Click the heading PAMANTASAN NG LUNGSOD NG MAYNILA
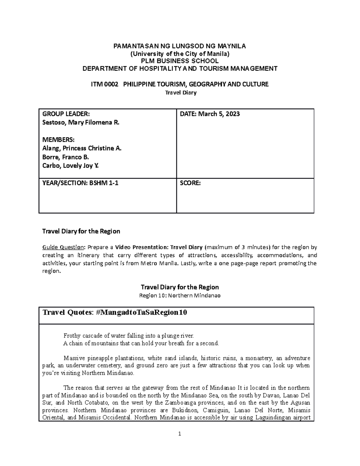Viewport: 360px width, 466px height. tap(180, 46)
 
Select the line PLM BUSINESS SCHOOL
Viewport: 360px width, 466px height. tap(180, 61)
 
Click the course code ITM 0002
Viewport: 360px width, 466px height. tap(103, 84)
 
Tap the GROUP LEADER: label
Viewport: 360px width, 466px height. tap(66, 114)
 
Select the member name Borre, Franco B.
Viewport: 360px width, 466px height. tap(66, 157)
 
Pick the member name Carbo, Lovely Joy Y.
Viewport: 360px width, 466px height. tap(70, 166)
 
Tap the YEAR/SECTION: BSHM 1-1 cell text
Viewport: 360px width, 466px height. tap(80, 183)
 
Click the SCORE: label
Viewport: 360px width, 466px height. tap(190, 183)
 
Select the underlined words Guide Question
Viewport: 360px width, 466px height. tap(63, 248)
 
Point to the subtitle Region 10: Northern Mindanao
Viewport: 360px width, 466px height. tap(180, 296)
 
